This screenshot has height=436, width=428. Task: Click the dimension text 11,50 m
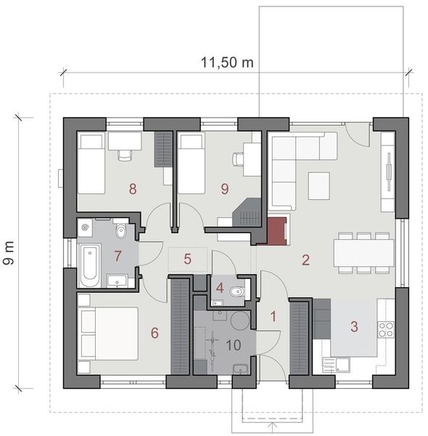pyautogui.click(x=226, y=62)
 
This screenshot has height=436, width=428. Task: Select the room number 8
pyautogui.click(x=133, y=189)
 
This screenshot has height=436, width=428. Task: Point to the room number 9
pyautogui.click(x=224, y=189)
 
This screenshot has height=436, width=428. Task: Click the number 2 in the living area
pyautogui.click(x=305, y=259)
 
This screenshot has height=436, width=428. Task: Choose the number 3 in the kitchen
pyautogui.click(x=354, y=326)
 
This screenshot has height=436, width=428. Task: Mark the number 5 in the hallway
pyautogui.click(x=186, y=258)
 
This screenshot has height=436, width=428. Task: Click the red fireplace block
pyautogui.click(x=277, y=231)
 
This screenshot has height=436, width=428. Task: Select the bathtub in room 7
pyautogui.click(x=90, y=266)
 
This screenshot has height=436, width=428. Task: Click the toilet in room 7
pyautogui.click(x=122, y=231)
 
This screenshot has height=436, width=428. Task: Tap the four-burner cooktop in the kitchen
pyautogui.click(x=387, y=329)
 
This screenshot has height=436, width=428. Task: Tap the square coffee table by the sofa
pyautogui.click(x=318, y=185)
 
